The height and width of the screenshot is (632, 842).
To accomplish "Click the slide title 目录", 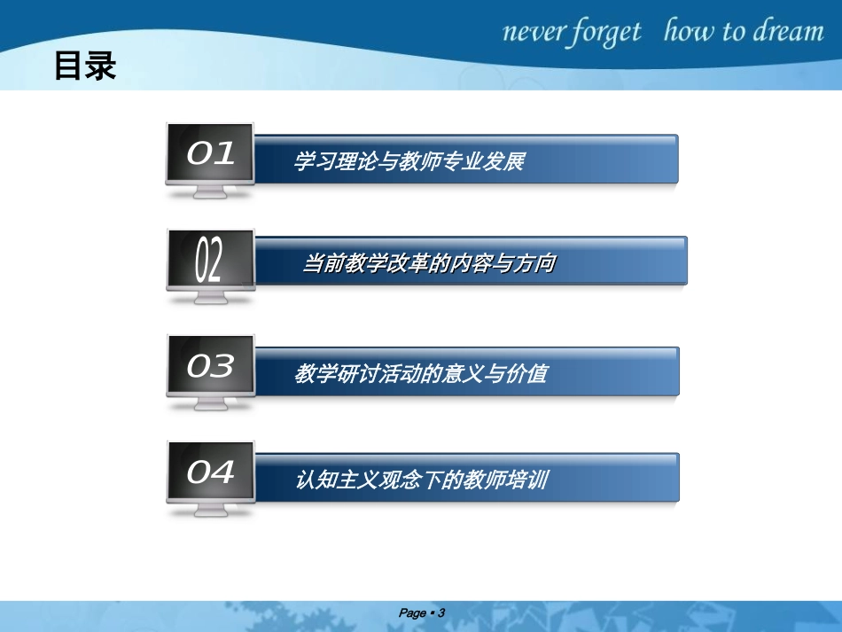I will point(85,66).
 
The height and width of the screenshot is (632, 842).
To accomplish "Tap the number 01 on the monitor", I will point(211,154).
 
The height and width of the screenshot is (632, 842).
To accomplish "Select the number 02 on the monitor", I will point(209,259).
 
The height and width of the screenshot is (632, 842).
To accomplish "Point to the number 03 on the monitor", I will point(210,365).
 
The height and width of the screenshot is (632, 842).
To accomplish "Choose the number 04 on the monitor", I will point(211,472).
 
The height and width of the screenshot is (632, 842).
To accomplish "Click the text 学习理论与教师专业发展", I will point(409,161).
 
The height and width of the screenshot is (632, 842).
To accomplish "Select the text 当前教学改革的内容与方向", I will point(430,263).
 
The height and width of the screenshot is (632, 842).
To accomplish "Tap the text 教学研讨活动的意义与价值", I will point(421,374).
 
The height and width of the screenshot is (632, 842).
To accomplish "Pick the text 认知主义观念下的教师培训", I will point(422,480).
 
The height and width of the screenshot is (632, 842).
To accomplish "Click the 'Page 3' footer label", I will point(421,612).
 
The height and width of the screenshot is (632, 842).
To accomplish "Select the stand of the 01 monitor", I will point(210,192).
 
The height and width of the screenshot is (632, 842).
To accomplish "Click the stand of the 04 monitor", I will point(210,511).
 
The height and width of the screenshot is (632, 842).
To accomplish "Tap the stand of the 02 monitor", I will point(210,298).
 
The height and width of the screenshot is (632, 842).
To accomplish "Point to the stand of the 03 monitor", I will point(210,404).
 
